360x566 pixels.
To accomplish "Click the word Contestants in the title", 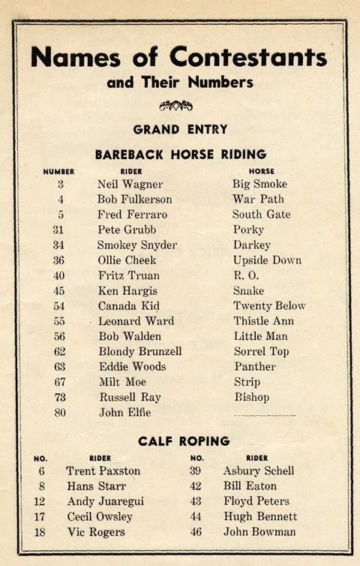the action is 248,57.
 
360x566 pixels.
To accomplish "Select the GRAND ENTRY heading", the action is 180,129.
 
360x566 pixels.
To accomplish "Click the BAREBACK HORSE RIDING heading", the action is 181,155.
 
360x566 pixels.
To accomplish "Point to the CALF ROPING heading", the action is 183,441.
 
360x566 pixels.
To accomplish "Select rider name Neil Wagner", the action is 130,184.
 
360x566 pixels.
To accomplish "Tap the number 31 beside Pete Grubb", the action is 59,230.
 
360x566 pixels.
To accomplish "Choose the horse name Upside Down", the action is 267,260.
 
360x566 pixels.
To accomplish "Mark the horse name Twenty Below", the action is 269,306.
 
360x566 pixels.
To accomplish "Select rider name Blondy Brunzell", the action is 140,352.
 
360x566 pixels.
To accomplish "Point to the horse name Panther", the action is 255,367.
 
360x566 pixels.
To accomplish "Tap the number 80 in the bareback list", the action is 59,413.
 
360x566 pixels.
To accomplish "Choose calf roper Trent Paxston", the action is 103,471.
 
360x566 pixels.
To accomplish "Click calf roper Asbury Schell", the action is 259,471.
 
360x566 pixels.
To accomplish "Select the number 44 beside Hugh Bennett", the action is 197,517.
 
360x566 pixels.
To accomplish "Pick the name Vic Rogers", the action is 96,532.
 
